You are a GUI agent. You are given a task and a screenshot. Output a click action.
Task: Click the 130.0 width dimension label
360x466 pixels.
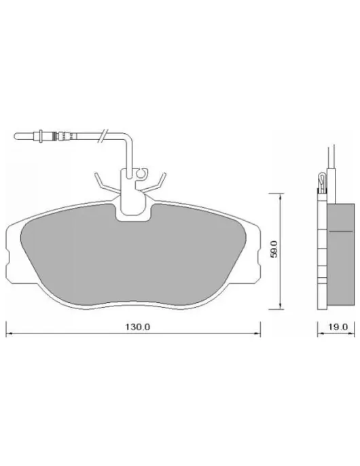click(137, 327)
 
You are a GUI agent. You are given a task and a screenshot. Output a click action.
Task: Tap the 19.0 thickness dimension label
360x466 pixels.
click(338, 327)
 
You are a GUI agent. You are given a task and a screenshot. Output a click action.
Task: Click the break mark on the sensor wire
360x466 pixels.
click(103, 136)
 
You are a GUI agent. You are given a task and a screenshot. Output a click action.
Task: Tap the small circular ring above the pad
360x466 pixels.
click(141, 173)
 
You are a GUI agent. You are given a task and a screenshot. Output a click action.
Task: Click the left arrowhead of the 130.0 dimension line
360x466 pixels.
click(9, 334)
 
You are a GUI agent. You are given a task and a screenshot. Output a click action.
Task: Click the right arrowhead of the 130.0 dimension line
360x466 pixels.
click(257, 334)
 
